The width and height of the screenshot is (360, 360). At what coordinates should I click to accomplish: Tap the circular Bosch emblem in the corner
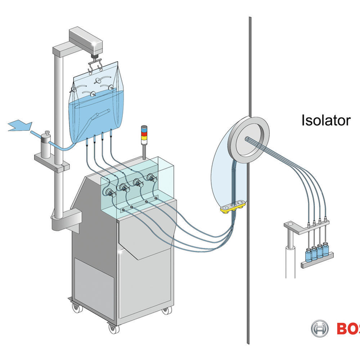319,329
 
